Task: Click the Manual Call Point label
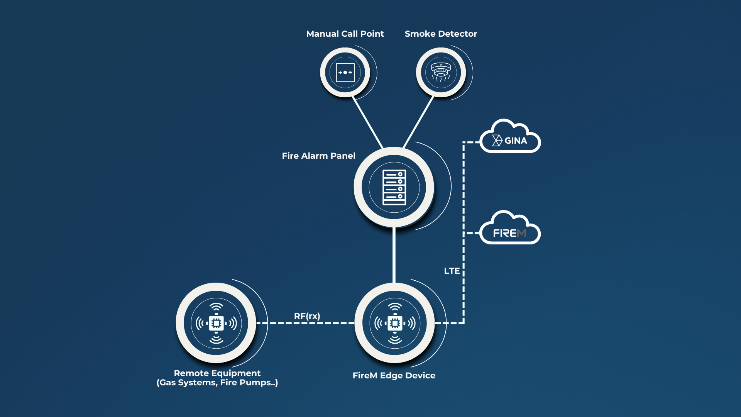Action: point(345,34)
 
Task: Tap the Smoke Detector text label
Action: point(441,34)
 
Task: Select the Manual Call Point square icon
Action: point(345,73)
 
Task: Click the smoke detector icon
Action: point(441,72)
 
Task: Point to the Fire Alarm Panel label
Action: point(318,156)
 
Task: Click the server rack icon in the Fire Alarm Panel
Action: point(394,187)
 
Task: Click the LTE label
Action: point(452,271)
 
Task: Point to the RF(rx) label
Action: point(307,316)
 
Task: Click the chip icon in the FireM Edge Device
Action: point(394,323)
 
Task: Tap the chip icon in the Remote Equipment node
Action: point(216,323)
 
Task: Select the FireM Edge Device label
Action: point(394,376)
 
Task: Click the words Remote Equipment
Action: point(217,373)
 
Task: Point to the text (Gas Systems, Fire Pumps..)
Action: point(217,383)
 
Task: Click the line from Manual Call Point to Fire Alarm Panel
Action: point(367,122)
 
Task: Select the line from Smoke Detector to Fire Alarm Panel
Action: point(418,122)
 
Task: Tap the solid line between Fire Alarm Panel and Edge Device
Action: point(394,255)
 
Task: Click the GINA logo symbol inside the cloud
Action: point(497,141)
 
